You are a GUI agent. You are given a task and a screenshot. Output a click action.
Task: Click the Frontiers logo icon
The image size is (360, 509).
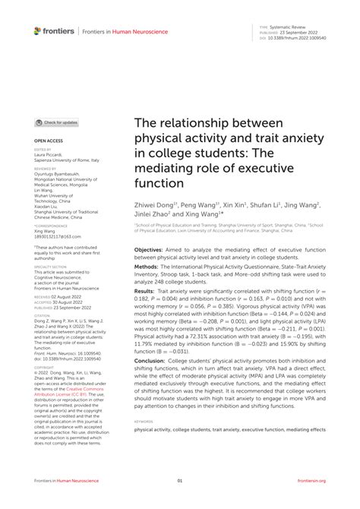pyautogui.click(x=38, y=30)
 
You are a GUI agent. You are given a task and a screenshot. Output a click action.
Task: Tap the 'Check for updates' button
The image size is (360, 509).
pyautogui.click(x=57, y=122)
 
